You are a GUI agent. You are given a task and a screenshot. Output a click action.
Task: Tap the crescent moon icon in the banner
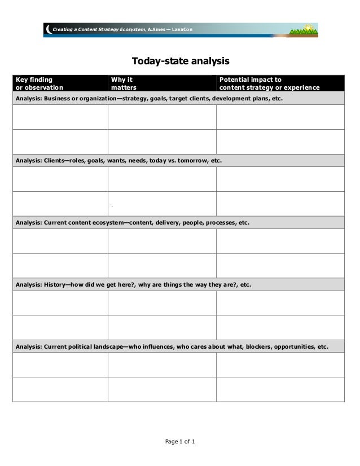[49, 29]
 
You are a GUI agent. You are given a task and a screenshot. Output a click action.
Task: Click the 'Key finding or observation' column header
[39, 83]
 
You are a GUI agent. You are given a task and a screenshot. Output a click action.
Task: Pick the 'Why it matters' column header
[124, 83]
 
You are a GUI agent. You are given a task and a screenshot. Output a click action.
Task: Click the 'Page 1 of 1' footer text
[180, 441]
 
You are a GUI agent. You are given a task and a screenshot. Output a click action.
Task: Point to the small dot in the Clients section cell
[112, 204]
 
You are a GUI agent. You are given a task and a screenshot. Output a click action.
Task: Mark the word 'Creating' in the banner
[63, 29]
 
